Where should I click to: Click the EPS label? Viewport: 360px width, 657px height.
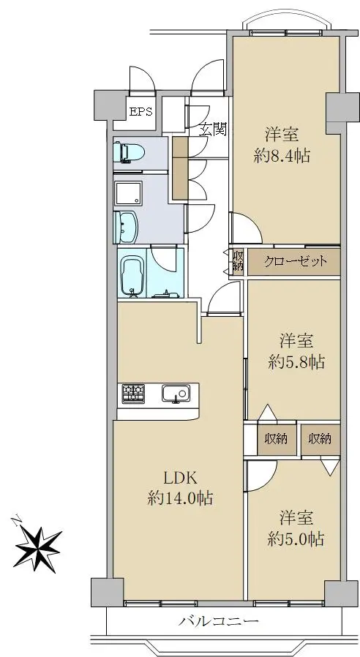pos(140,112)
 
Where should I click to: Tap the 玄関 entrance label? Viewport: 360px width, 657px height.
pos(212,129)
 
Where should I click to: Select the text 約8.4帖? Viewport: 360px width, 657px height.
pos(282,156)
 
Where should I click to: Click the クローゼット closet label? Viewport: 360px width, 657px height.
pos(295,262)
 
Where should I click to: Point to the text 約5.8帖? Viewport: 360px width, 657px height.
pos(296,361)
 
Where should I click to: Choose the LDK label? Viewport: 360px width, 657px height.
pos(180,477)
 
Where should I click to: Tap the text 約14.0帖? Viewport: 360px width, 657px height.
pos(180,498)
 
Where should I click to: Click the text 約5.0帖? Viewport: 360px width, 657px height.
pos(296,538)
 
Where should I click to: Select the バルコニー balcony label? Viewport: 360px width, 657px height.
pos(218,621)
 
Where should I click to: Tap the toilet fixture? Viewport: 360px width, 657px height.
pos(129,152)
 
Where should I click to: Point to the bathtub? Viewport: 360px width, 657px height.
pos(132,276)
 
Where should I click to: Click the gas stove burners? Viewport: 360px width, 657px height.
pos(133,394)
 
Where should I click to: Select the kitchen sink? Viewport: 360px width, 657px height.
pos(176,393)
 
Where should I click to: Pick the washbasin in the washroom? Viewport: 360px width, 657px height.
pos(125,227)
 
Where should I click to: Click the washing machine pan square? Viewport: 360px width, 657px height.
pos(129,194)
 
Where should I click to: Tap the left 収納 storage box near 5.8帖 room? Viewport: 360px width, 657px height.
pos(276,439)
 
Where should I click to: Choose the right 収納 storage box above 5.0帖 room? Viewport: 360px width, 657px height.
pos(320,439)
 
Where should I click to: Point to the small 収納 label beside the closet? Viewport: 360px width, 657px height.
pos(238,261)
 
